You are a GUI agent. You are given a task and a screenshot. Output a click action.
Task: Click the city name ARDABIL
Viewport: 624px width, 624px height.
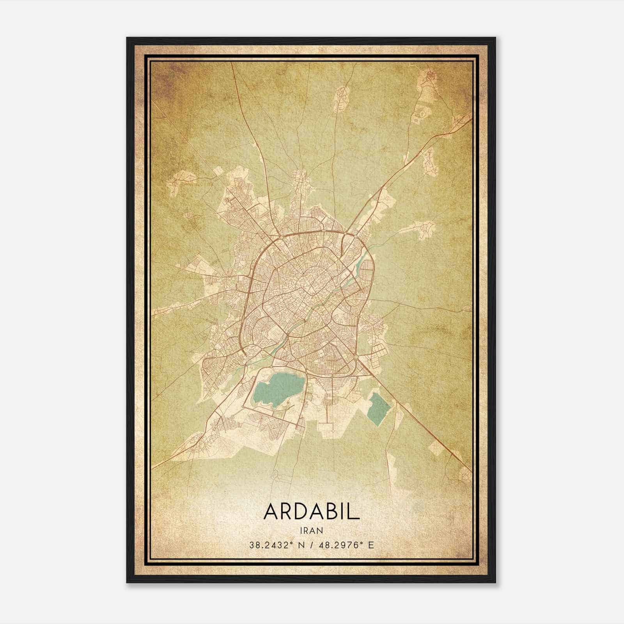[311, 511]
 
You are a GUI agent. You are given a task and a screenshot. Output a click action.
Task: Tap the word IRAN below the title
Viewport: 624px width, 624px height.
[311, 530]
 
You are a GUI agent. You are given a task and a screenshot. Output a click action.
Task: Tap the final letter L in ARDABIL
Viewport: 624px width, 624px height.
[354, 511]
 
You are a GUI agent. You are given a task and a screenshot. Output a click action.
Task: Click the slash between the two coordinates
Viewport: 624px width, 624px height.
[310, 545]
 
